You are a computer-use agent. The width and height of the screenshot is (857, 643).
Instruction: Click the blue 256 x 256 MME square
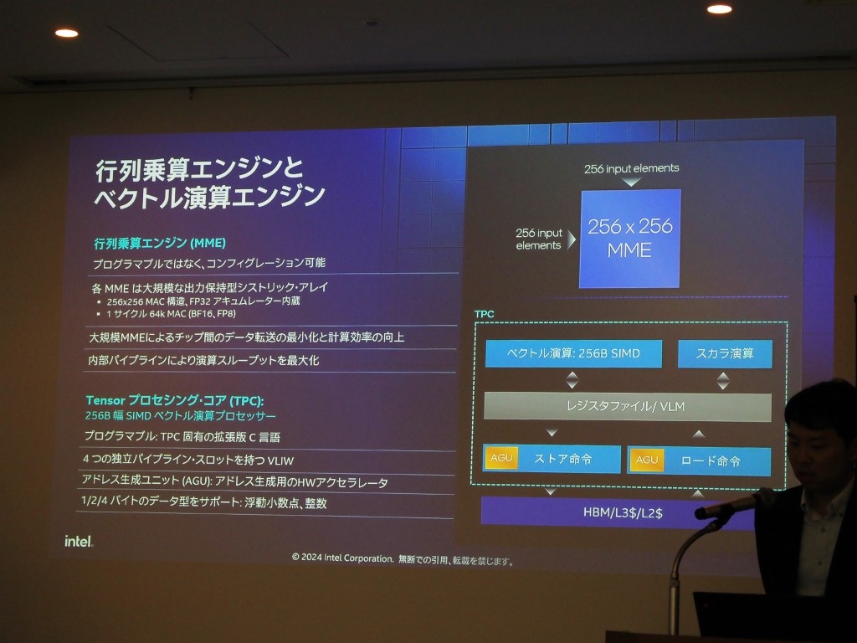pos(629,239)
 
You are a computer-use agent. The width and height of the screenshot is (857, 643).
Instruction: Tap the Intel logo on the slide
pos(79,542)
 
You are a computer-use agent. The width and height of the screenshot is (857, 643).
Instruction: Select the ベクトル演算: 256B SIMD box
pos(573,353)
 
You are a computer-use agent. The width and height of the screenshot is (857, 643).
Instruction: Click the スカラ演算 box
pos(725,353)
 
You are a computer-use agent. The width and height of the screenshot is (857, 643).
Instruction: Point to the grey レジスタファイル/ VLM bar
pos(628,407)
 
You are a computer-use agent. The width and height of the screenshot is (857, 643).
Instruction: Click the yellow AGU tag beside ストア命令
pos(501,458)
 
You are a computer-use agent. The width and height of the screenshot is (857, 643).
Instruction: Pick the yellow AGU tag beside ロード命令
pos(647,460)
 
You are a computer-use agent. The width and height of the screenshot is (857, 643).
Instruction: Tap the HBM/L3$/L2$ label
pos(623,513)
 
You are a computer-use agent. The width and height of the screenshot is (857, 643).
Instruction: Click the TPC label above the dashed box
pos(485,314)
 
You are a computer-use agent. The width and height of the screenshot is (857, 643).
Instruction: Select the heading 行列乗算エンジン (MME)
pos(160,243)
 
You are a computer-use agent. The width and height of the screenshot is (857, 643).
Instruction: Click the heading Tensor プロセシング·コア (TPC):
pos(174,400)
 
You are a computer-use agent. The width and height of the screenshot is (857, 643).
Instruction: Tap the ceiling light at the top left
pos(67,33)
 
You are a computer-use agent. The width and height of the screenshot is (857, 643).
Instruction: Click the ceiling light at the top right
pos(719,8)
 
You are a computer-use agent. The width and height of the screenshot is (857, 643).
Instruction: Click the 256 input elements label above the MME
pos(631,168)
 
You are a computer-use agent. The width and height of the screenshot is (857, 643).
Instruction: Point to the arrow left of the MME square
pos(572,239)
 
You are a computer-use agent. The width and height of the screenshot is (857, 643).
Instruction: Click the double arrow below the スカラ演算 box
pos(723,381)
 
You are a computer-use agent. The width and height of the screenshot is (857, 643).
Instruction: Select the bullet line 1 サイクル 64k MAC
pos(171,314)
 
